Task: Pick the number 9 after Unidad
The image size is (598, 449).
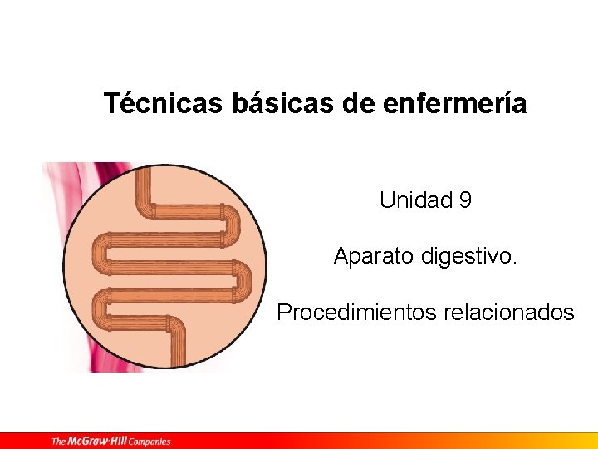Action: [465, 200]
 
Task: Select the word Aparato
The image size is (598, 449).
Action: [373, 256]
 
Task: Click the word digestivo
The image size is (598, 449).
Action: [473, 256]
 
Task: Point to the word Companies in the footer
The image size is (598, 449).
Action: [150, 441]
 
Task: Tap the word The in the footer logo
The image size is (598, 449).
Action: [60, 441]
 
